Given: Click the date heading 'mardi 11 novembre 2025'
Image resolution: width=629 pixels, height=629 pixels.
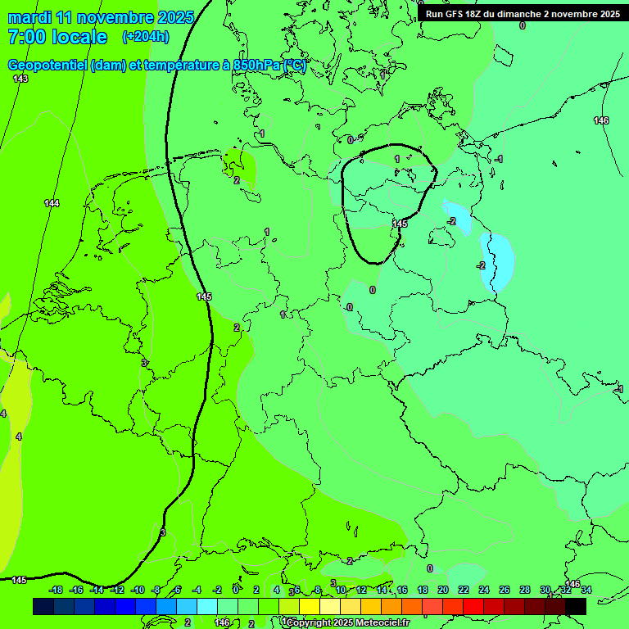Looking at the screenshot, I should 101,17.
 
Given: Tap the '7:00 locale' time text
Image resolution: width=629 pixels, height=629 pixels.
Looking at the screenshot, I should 57,37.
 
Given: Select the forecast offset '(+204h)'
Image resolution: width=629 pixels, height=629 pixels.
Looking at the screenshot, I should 146,36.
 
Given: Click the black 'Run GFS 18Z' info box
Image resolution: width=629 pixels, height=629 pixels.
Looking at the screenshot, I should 523,13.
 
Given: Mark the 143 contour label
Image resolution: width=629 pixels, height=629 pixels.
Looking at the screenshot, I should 20,79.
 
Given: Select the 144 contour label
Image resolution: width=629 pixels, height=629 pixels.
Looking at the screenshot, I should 52,203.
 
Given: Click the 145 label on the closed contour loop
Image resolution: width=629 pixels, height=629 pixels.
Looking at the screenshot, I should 400,224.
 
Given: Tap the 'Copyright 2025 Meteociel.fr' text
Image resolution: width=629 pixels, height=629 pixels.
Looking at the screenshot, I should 347,623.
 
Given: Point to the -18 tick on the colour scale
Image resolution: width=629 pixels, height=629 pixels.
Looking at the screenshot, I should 57,590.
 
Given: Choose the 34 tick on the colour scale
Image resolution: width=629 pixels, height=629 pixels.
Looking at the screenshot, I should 586,590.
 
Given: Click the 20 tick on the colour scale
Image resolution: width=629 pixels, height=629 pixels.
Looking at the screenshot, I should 443,590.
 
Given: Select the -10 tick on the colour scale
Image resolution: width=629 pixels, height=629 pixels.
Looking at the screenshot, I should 138,590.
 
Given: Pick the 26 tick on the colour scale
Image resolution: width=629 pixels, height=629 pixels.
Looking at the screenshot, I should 505,590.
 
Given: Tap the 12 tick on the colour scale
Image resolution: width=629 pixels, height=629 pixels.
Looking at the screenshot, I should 361,590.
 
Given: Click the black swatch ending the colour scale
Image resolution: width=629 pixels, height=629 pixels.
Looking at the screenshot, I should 576,606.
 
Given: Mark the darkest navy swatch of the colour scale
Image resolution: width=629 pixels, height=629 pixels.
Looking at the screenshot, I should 43,606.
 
